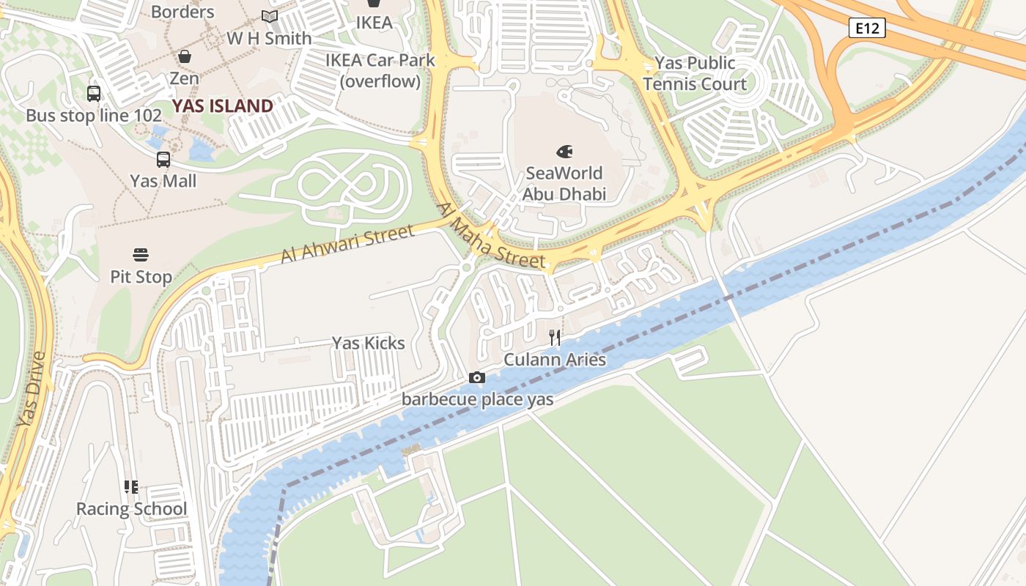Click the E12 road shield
[x=868, y=29]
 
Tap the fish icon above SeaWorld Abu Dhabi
[x=564, y=152]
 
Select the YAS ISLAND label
[x=223, y=106]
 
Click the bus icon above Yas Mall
[x=163, y=159]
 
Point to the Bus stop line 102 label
[x=93, y=116]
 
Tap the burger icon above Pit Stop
[x=141, y=255]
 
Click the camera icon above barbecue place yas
[x=477, y=377]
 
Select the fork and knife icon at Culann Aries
[x=555, y=338]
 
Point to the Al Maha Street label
[x=491, y=236]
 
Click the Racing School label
[x=132, y=509]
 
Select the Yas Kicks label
[x=368, y=343]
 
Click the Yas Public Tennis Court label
[x=695, y=73]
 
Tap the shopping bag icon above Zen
[x=185, y=56]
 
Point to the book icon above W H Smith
[x=270, y=16]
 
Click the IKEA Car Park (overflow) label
[x=380, y=70]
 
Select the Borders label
[x=182, y=12]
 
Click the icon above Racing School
[x=131, y=487]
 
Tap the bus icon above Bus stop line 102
[x=94, y=94]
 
